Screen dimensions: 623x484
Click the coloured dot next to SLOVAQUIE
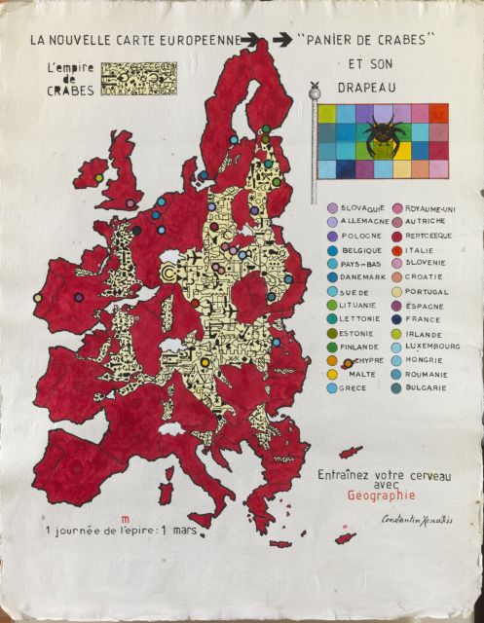tap(333, 208)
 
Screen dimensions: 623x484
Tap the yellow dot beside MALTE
tap(333, 374)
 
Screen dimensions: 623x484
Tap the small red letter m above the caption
tap(124, 520)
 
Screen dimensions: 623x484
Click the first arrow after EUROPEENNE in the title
tap(250, 40)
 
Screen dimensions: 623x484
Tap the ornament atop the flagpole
tap(313, 93)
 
